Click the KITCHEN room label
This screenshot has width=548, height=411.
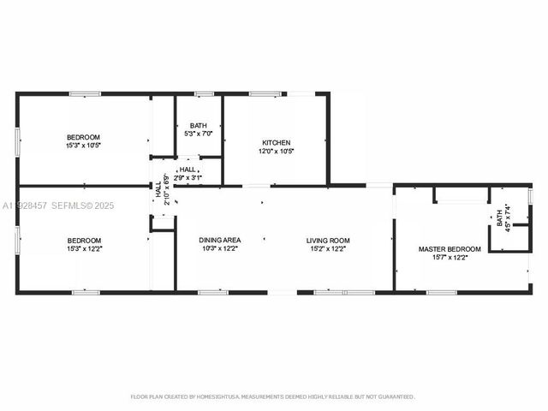tap(276, 143)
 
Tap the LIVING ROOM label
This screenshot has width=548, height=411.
tap(328, 241)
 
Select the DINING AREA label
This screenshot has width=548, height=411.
tap(220, 241)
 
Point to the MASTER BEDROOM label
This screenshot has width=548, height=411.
tap(450, 249)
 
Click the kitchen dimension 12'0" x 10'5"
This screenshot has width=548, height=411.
tap(276, 152)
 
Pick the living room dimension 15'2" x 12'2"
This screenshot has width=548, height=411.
tap(328, 249)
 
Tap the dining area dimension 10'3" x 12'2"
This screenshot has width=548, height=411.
tap(220, 249)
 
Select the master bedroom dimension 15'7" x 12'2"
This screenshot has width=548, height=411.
tap(450, 258)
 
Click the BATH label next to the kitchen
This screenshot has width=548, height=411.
tap(198, 126)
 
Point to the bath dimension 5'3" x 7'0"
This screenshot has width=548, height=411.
tap(198, 134)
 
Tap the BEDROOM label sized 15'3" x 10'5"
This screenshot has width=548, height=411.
tap(84, 138)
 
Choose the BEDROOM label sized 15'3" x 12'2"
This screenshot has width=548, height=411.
tap(84, 241)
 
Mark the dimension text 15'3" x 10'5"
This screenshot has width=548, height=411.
tap(84, 146)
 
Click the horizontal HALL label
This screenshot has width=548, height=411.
tap(188, 170)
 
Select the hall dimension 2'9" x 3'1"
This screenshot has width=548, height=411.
tap(188, 178)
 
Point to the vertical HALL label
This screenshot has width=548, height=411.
tap(158, 190)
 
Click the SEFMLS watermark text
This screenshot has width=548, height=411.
tap(72, 205)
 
